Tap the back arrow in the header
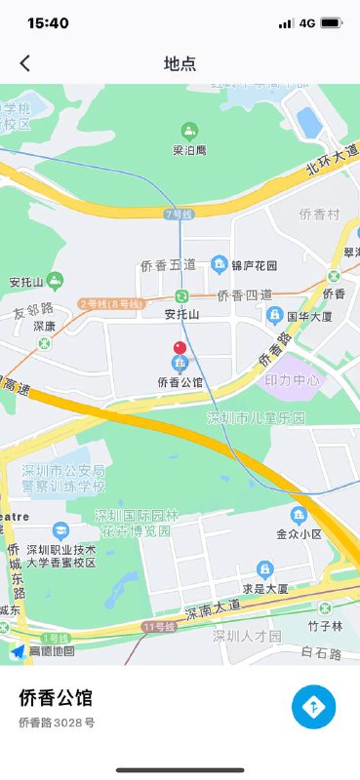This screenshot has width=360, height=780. click(25, 63)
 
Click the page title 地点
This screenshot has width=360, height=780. click(180, 63)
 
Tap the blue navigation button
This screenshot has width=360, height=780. click(313, 706)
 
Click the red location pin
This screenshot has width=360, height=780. click(180, 349)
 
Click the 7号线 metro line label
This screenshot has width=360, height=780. click(180, 214)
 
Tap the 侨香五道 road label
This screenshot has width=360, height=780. click(168, 265)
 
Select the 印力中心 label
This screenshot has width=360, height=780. click(292, 380)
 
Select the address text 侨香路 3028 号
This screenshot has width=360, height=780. click(57, 722)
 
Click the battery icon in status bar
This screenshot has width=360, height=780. click(331, 22)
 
